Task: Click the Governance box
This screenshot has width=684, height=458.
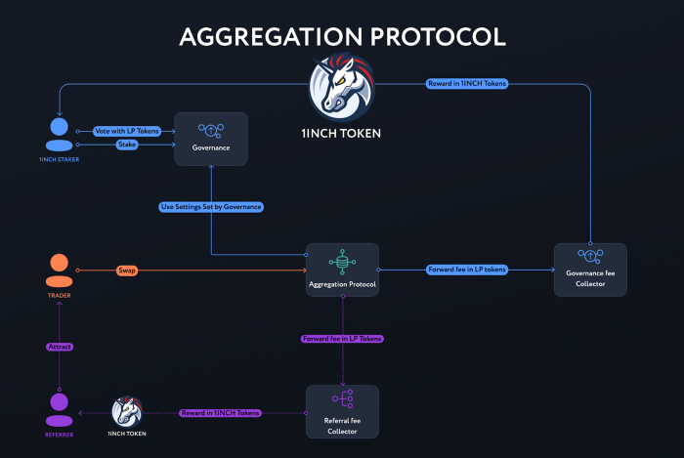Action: (210, 138)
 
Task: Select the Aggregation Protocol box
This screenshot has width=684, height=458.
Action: (342, 270)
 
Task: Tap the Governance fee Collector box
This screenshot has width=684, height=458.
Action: (590, 270)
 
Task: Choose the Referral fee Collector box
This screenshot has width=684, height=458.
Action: (342, 410)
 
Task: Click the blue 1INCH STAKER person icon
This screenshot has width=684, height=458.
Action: (60, 135)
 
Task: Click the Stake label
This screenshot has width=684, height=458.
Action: (127, 145)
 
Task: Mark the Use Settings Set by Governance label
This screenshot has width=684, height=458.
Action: (210, 207)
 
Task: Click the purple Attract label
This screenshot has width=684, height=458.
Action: (60, 347)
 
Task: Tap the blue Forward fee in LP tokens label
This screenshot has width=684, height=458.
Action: (467, 270)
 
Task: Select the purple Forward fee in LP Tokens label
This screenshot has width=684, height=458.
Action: (342, 338)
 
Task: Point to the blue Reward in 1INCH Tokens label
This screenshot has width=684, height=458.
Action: (466, 84)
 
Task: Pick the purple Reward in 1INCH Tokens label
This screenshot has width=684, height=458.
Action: (221, 413)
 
